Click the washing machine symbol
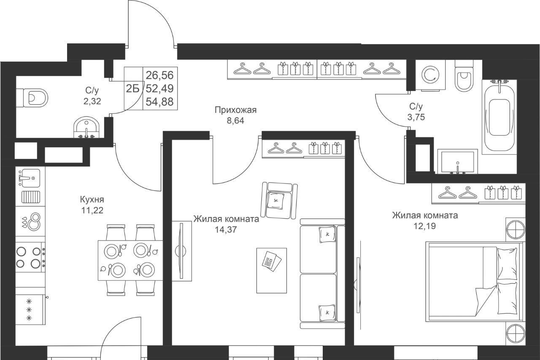point(431,75)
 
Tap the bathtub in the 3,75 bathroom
point(499,117)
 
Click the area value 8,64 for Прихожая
point(235,121)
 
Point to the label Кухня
point(92,199)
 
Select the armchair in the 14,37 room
point(279,201)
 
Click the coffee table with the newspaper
point(271,270)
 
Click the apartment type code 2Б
point(133,89)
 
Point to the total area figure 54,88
point(159,102)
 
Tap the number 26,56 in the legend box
point(159,75)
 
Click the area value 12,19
point(425,226)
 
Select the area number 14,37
point(226,230)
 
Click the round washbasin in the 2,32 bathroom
point(86,127)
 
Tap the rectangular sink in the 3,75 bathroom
point(458,161)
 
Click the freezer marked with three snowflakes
point(30,310)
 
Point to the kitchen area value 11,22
point(92,210)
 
